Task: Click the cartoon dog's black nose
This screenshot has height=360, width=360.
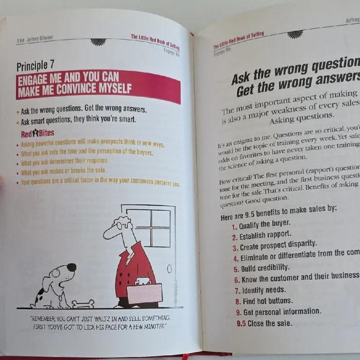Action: (x=71, y=268)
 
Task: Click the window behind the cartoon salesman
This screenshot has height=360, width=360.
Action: (x=152, y=230)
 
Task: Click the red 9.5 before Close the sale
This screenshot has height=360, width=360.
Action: (x=242, y=324)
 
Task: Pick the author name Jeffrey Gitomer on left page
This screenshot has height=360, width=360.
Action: (x=40, y=38)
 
